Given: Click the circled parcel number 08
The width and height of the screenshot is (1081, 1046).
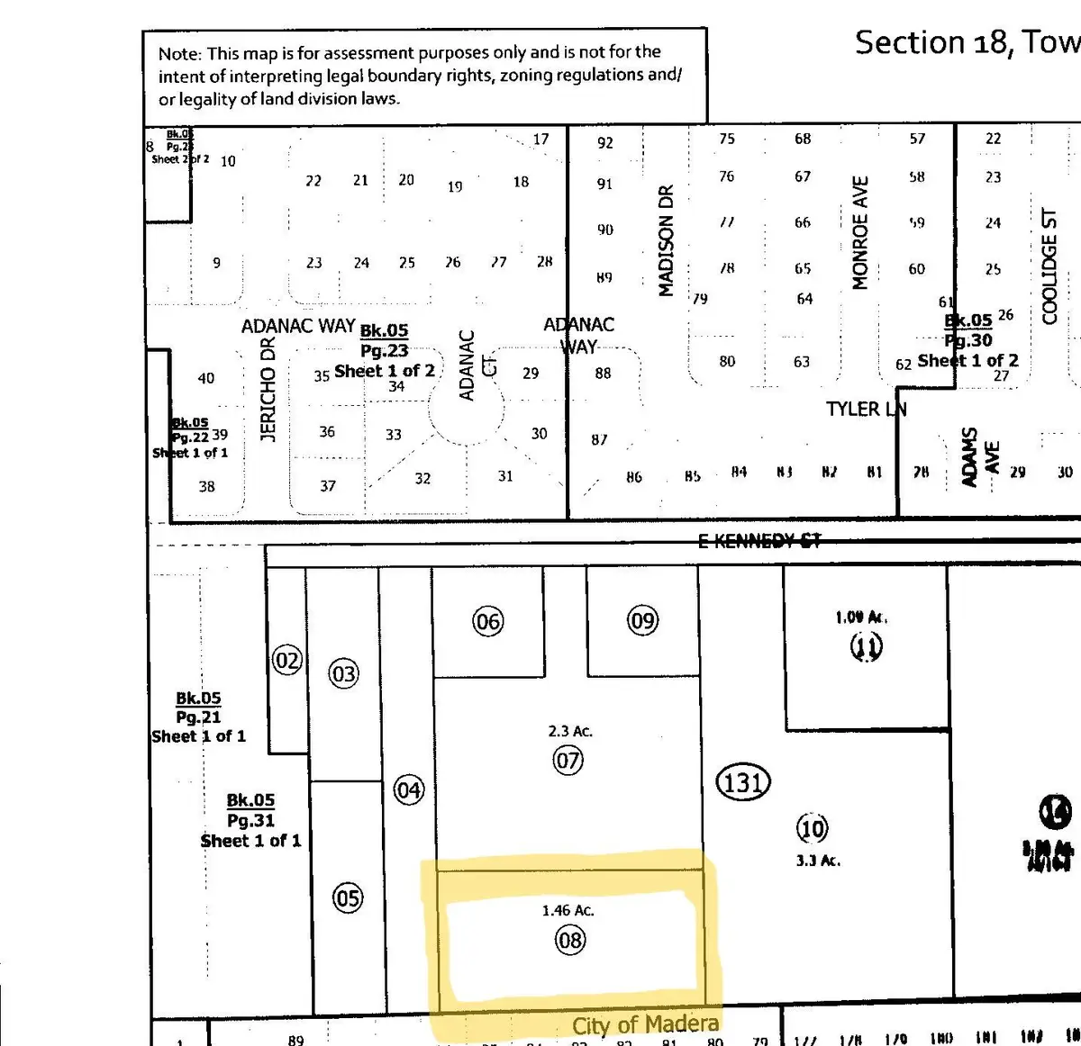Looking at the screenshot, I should (570, 941).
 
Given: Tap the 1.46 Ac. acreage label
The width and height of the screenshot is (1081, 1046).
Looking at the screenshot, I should (568, 911).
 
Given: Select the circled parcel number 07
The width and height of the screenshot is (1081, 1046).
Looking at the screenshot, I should (568, 761).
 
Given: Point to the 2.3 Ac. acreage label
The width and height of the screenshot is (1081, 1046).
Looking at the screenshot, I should (569, 732).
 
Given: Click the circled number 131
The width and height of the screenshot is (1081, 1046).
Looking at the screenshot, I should (742, 782).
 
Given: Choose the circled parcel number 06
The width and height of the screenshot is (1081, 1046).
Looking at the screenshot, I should (487, 621).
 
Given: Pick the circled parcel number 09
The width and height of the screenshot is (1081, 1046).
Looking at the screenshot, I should (642, 620).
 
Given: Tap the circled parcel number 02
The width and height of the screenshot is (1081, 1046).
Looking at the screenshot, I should (287, 662).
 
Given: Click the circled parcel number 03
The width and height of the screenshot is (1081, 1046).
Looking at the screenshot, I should (344, 674).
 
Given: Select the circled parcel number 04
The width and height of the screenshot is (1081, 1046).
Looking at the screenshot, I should (408, 790).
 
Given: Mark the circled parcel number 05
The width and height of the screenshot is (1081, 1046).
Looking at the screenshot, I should (348, 897).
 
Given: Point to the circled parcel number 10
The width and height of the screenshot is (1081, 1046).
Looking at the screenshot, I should (812, 828).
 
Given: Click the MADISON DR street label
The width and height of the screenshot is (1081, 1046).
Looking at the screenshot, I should (666, 240).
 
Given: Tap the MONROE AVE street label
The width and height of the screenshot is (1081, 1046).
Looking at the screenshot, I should (860, 233).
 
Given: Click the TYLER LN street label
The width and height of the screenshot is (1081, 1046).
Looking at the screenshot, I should (866, 410).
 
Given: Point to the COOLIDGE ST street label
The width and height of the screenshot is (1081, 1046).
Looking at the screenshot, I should (1049, 266).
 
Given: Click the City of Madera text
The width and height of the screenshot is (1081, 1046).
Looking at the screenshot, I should (645, 1024).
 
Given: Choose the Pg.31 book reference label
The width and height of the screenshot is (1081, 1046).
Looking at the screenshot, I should (250, 820).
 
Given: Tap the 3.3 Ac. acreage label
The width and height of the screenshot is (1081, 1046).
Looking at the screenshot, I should (818, 861).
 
